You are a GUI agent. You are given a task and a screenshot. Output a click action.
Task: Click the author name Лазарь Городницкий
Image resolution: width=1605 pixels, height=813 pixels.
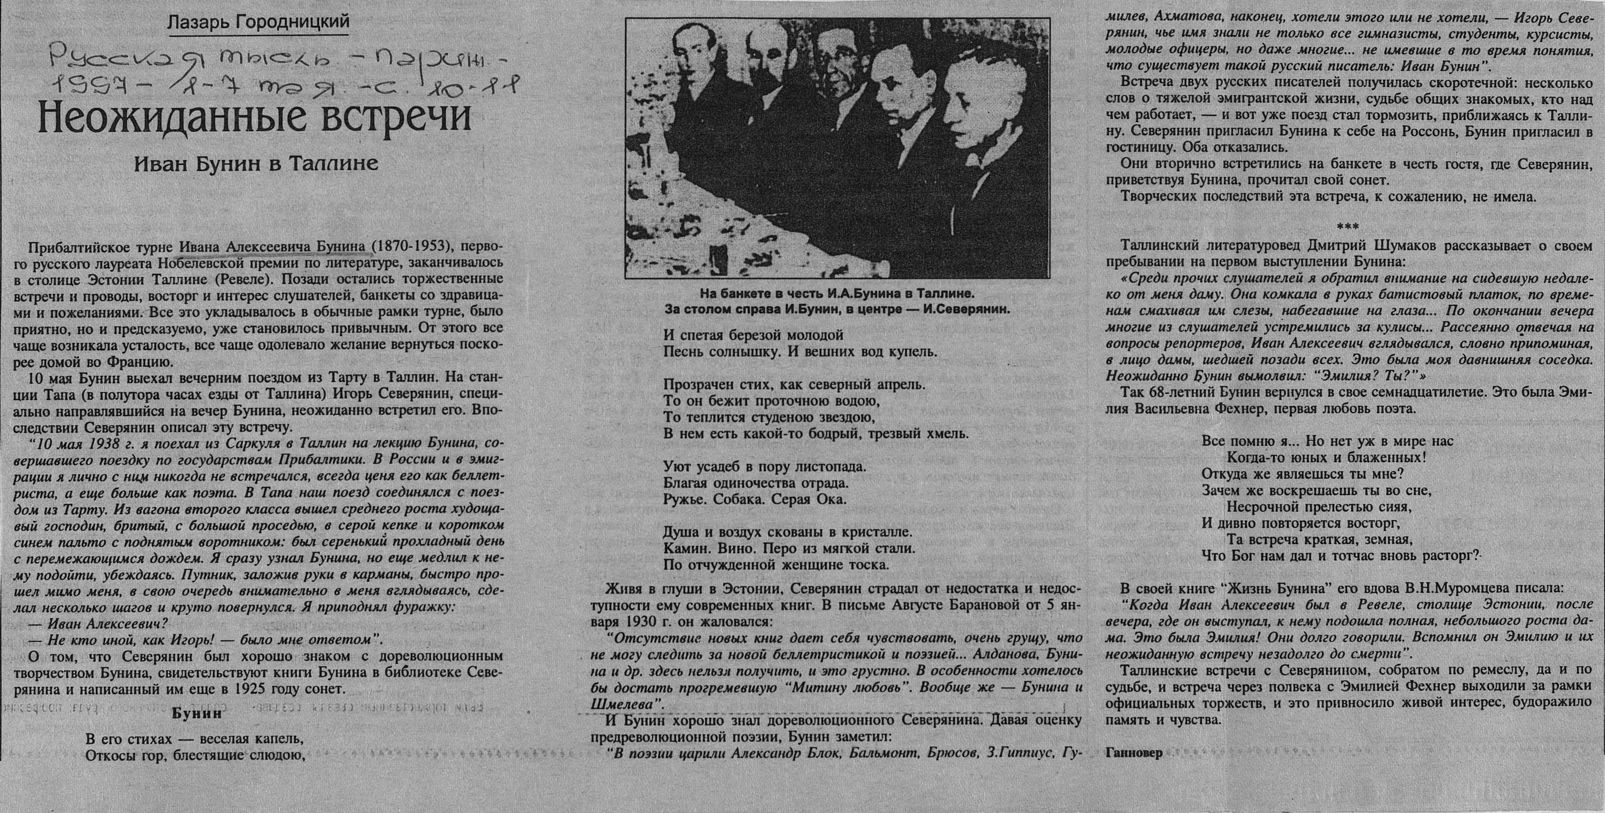click(258, 22)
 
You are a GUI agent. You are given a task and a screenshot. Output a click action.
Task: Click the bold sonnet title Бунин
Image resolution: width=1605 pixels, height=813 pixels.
click(196, 714)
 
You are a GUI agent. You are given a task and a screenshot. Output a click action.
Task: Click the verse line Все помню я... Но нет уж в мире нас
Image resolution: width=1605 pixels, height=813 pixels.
click(1327, 441)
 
